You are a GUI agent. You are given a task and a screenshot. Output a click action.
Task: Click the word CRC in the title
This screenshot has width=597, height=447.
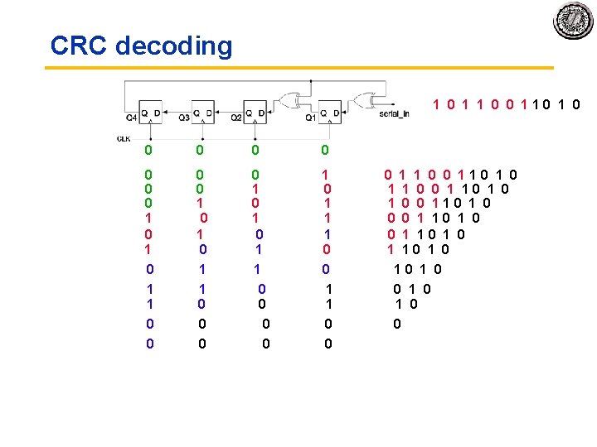pyautogui.click(x=79, y=46)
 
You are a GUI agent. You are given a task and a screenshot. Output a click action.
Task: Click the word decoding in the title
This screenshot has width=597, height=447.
pyautogui.click(x=174, y=46)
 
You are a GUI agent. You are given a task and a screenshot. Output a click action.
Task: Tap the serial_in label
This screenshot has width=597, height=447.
pyautogui.click(x=394, y=113)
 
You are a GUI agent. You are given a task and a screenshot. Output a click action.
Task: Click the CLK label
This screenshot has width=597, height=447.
pyautogui.click(x=124, y=137)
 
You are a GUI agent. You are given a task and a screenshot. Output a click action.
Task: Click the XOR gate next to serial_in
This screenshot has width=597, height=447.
pyautogui.click(x=366, y=100)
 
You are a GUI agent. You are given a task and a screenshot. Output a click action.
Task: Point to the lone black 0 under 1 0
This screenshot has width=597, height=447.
pyautogui.click(x=397, y=324)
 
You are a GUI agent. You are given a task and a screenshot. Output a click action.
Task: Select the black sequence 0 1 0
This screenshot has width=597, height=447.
pyautogui.click(x=412, y=289)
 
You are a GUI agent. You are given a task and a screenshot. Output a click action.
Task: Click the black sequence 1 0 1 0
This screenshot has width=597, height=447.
pyautogui.click(x=417, y=268)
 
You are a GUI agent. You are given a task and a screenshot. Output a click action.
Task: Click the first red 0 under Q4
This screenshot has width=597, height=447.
pyautogui.click(x=148, y=150)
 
